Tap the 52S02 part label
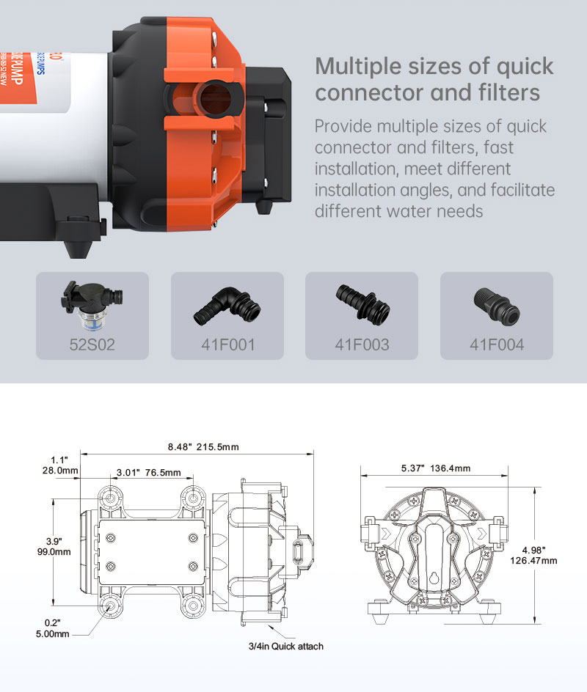92,344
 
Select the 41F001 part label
227,344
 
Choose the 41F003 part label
362,344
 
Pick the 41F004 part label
497,344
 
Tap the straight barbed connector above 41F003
362,302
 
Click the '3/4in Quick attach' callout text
285,647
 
